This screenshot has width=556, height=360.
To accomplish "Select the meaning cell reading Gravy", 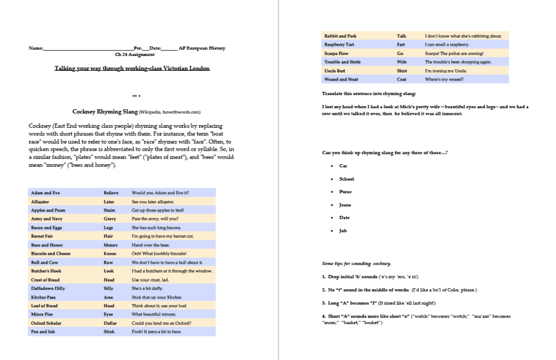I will (110, 219).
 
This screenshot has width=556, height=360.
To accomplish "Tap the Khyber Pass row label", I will (43, 297).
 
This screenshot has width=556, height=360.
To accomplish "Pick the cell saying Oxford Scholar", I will (46, 323).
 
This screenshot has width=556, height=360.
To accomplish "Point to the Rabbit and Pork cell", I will (339, 36).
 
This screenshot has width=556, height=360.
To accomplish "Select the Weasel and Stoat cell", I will (341, 79).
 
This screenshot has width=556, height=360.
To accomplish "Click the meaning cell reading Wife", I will (402, 62).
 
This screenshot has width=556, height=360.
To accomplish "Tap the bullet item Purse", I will (345, 192).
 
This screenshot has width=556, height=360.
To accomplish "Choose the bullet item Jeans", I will (345, 205).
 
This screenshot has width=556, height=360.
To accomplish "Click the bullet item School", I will (346, 179).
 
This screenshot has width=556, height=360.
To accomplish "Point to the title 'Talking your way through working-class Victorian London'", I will (132, 69).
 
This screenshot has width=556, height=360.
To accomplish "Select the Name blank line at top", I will (87, 48).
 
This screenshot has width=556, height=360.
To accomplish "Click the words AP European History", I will (202, 48).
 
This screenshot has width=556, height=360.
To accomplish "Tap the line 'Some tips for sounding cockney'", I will (356, 264).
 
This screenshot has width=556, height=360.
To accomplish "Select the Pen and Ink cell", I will (43, 332).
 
